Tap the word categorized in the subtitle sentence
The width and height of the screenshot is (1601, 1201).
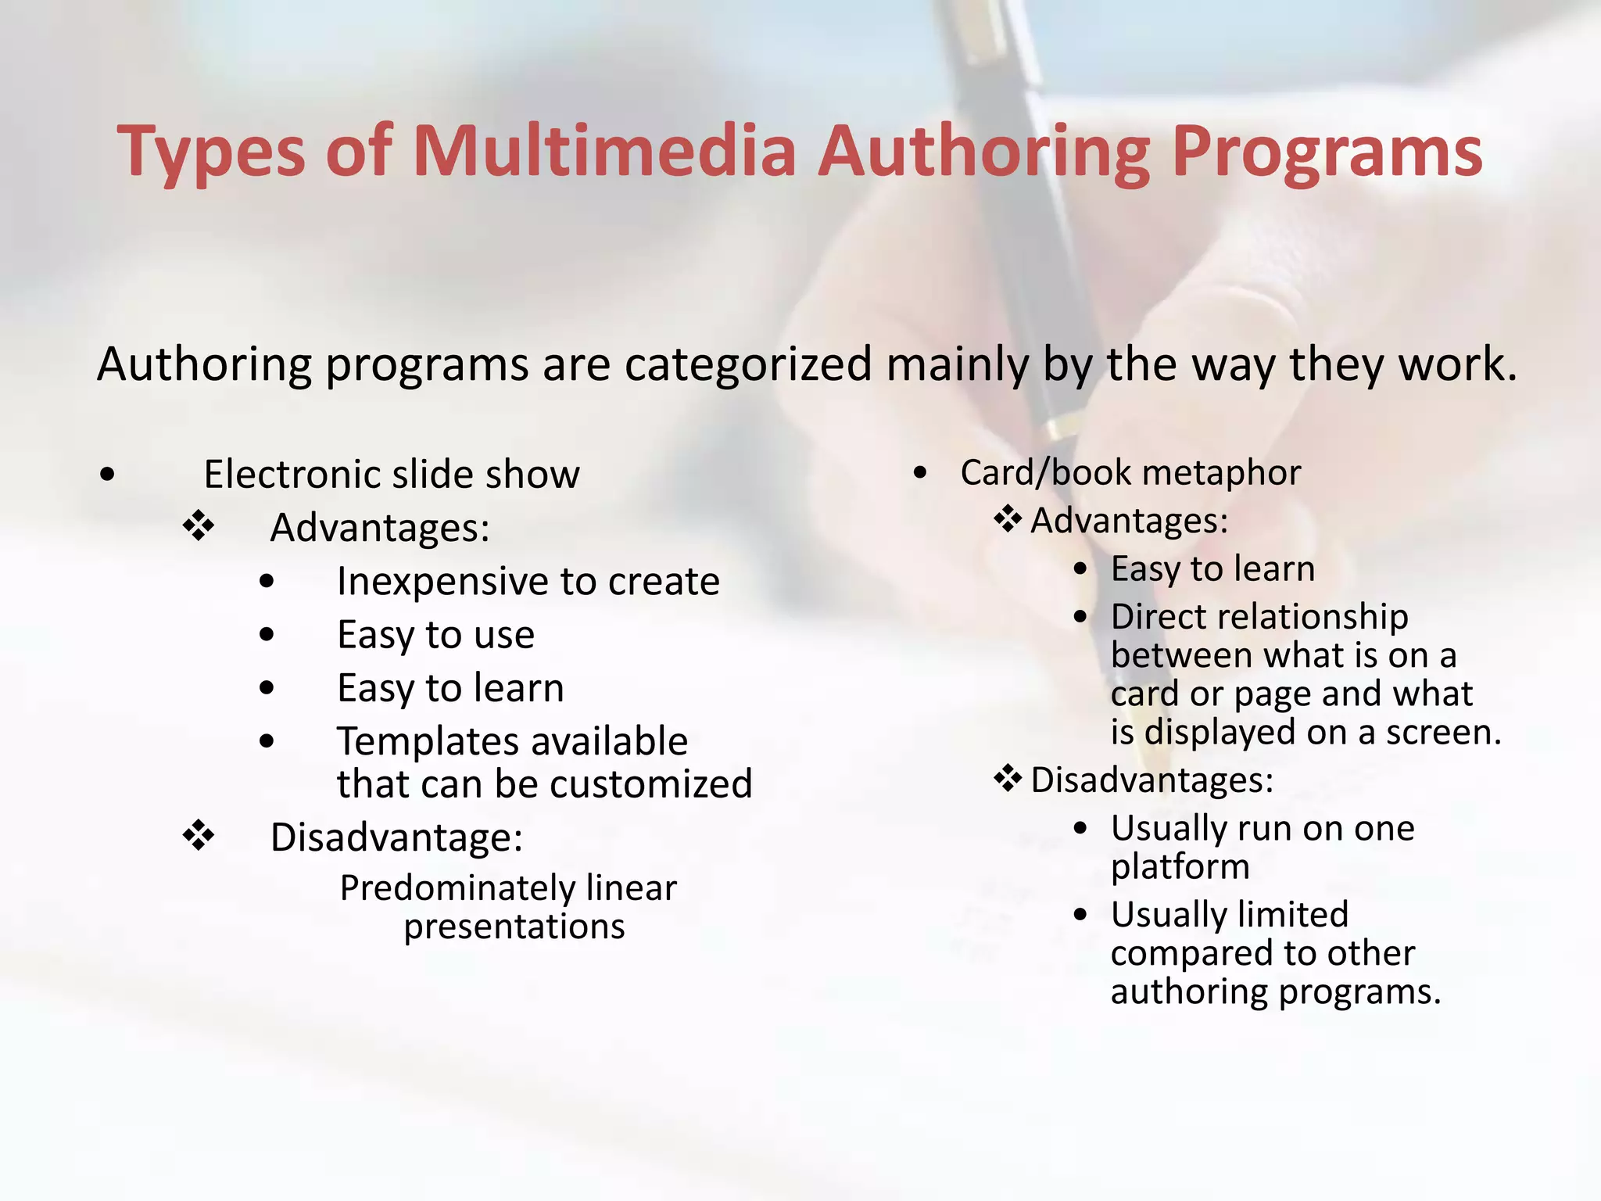(747, 364)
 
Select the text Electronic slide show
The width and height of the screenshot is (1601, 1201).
(392, 475)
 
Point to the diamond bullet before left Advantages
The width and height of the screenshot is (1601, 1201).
(199, 526)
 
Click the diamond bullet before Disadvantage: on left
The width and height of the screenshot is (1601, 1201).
(199, 836)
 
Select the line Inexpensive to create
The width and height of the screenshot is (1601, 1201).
(528, 582)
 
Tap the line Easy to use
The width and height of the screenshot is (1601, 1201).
(435, 635)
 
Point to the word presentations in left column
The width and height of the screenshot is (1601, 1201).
(514, 927)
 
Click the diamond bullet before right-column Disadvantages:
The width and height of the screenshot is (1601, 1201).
(1008, 779)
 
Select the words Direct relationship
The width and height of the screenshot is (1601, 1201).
(1259, 617)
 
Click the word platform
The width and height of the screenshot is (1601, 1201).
(1180, 867)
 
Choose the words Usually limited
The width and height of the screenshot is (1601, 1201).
(1229, 915)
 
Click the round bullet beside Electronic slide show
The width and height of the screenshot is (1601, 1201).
(108, 474)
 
